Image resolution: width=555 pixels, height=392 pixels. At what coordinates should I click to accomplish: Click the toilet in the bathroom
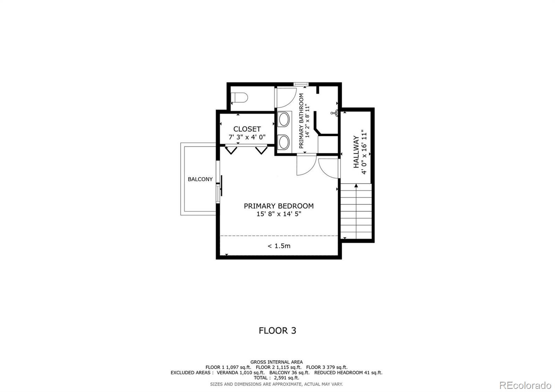click(239, 97)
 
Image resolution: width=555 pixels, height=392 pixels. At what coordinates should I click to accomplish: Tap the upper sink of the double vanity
click(284, 119)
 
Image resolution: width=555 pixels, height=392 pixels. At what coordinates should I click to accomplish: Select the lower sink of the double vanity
click(284, 142)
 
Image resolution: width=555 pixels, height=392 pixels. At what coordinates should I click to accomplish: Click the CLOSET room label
click(247, 129)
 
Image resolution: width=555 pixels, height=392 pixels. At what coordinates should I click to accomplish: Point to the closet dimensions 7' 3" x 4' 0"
click(247, 137)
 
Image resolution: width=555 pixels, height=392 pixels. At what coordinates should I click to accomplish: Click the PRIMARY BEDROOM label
click(279, 206)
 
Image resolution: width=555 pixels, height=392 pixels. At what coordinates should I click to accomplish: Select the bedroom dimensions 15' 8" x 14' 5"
click(279, 214)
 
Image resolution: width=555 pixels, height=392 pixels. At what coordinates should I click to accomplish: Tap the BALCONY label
click(200, 179)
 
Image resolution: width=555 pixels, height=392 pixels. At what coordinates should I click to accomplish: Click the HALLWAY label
click(356, 152)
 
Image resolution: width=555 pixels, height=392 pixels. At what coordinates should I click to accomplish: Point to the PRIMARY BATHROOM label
click(301, 121)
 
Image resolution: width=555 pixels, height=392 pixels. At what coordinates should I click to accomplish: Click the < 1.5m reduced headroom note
click(279, 246)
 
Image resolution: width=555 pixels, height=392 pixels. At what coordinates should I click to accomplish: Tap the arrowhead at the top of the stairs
click(356, 185)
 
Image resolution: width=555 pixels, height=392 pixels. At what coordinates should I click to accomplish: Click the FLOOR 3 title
click(277, 331)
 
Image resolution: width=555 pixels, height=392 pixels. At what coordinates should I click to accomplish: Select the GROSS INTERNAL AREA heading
click(276, 362)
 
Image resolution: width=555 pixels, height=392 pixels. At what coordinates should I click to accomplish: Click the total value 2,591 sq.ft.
click(287, 378)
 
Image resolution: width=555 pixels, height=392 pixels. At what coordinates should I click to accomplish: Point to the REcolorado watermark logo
click(526, 385)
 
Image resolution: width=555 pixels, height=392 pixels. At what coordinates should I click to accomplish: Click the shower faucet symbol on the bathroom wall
click(334, 113)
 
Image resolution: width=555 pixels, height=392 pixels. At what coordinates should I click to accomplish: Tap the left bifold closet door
click(231, 150)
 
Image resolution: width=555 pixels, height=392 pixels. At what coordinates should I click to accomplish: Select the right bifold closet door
click(262, 150)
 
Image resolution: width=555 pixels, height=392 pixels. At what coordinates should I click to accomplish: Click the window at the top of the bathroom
click(301, 84)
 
